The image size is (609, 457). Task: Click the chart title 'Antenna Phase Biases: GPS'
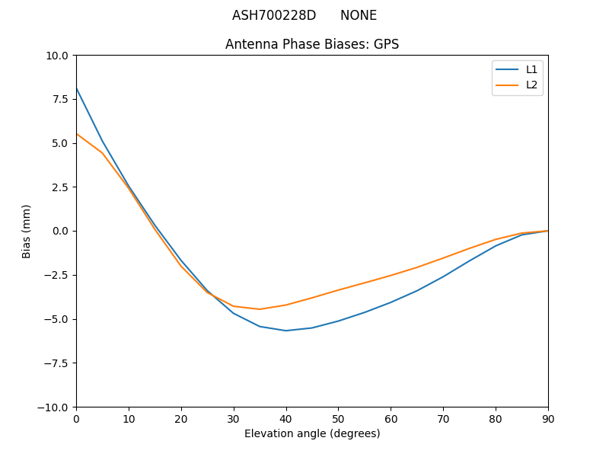click(312, 44)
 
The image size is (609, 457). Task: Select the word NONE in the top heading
click(359, 15)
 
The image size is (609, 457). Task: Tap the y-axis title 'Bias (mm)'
click(27, 231)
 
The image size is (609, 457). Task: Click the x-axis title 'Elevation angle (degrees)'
click(312, 433)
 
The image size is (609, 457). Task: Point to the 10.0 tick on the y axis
click(58, 56)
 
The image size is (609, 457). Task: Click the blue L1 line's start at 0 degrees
click(77, 89)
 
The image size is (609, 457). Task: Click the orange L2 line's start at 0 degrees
click(77, 134)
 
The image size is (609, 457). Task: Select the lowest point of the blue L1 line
click(286, 331)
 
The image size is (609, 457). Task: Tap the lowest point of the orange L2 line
click(260, 309)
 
